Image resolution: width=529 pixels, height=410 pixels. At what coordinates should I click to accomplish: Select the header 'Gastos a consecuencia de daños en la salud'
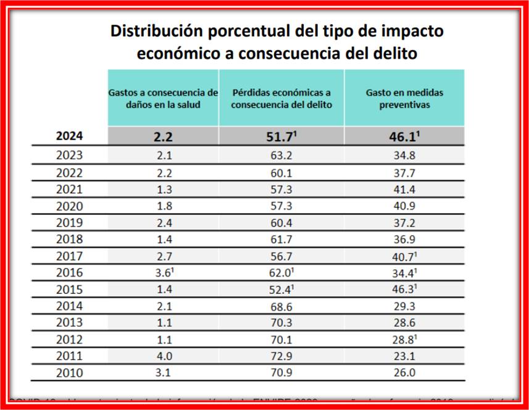pyautogui.click(x=163, y=98)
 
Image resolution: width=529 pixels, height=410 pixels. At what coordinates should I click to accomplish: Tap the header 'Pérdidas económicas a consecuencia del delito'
pyautogui.click(x=281, y=98)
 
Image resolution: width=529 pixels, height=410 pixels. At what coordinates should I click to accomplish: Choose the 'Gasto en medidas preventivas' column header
pyautogui.click(x=404, y=98)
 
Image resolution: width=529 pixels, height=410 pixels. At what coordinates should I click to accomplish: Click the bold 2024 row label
pyautogui.click(x=70, y=136)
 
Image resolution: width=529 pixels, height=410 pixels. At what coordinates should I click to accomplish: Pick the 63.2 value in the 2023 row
pyautogui.click(x=281, y=156)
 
